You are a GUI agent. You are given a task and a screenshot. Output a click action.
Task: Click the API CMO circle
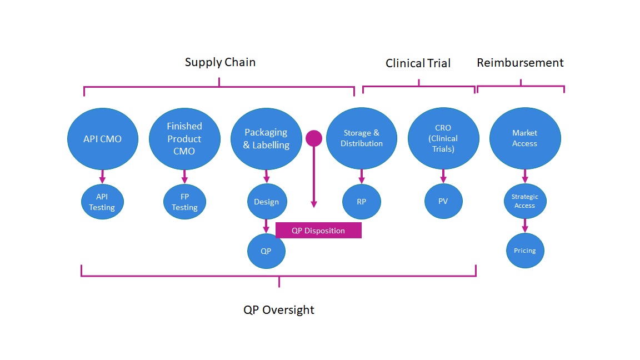[x=102, y=138]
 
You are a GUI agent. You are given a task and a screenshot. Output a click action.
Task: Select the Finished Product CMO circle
[x=184, y=138]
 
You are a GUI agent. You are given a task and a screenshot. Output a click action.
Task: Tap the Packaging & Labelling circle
[x=266, y=138]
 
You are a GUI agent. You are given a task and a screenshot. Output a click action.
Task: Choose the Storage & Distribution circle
[x=362, y=138]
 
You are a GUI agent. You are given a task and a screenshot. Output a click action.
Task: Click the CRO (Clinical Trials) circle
[x=443, y=138]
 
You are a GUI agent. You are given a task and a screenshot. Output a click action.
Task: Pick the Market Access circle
[x=524, y=138]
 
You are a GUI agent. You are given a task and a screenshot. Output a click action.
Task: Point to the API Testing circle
[x=102, y=202]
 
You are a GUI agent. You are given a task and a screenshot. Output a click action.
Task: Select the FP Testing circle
[x=184, y=202]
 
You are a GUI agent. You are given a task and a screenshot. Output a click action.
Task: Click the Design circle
[x=267, y=202]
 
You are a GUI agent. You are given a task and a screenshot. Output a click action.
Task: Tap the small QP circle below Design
[x=266, y=251]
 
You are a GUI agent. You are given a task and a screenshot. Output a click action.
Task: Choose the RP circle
[x=362, y=202]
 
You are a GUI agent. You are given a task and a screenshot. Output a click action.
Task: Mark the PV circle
[x=443, y=202]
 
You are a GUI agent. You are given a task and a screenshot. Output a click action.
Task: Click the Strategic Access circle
[x=524, y=201]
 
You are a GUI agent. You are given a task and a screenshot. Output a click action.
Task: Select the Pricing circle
[x=524, y=251]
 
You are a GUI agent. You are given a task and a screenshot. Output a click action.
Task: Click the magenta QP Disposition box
[x=318, y=231]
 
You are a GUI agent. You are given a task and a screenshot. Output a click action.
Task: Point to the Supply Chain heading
[x=220, y=62]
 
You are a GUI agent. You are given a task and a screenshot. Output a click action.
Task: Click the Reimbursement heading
[x=520, y=63]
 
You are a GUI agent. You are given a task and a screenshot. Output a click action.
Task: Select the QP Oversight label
[x=279, y=310]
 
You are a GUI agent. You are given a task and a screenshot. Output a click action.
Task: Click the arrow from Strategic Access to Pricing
[x=524, y=226]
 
